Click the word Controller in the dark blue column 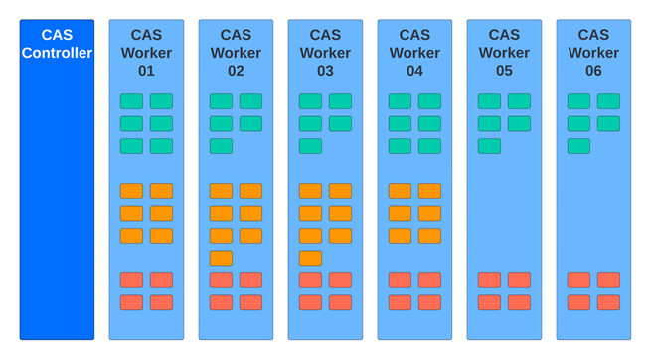click(x=57, y=53)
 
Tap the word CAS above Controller click(x=57, y=35)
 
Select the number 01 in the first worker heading click(x=146, y=72)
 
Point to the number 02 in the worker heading click(x=236, y=72)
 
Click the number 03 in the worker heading click(x=325, y=72)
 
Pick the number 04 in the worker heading click(x=414, y=72)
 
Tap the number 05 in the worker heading click(x=504, y=72)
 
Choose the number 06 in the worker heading click(x=593, y=72)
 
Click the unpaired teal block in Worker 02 click(x=221, y=146)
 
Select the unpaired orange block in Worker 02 click(x=221, y=258)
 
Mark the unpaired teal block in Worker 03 click(x=310, y=146)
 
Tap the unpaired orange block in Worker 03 click(x=310, y=258)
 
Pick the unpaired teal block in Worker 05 click(x=489, y=146)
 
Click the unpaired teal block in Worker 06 click(x=578, y=146)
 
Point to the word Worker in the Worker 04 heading click(x=414, y=53)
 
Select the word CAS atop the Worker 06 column click(x=593, y=35)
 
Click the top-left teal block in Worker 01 click(x=131, y=101)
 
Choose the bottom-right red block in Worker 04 click(x=429, y=302)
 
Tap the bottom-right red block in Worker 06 click(x=608, y=302)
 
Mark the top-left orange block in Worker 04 click(x=400, y=191)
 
